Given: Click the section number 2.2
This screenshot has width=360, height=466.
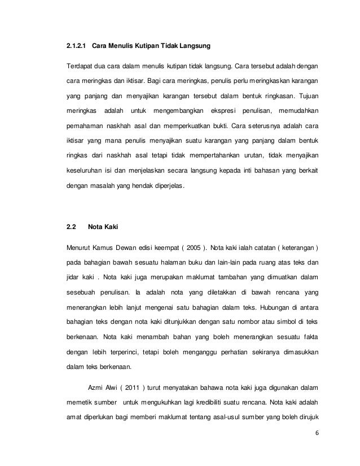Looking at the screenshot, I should click(x=72, y=228).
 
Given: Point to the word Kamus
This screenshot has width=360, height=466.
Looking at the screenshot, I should click(x=103, y=248).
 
